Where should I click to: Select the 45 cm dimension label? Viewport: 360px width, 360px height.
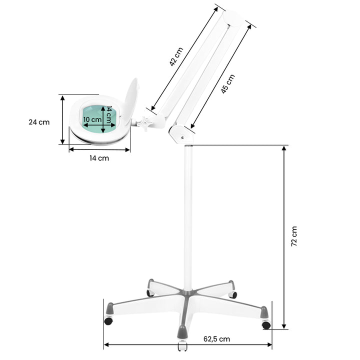(228, 83)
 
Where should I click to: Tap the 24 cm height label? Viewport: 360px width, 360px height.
(39, 122)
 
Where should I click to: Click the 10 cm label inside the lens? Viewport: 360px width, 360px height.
(92, 119)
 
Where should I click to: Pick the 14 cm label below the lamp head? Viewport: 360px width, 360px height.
(99, 158)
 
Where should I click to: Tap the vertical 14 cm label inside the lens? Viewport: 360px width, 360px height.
(108, 116)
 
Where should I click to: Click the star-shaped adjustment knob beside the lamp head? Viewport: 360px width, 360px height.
(145, 123)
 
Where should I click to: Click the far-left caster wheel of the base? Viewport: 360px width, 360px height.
(108, 320)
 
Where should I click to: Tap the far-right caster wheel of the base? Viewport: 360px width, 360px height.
(266, 324)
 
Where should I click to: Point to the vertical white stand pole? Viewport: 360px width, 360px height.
(187, 215)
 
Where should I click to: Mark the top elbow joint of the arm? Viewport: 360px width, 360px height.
(233, 18)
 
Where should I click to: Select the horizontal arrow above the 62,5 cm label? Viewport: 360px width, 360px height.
(188, 345)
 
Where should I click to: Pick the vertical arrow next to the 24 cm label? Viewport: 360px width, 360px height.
(62, 120)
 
